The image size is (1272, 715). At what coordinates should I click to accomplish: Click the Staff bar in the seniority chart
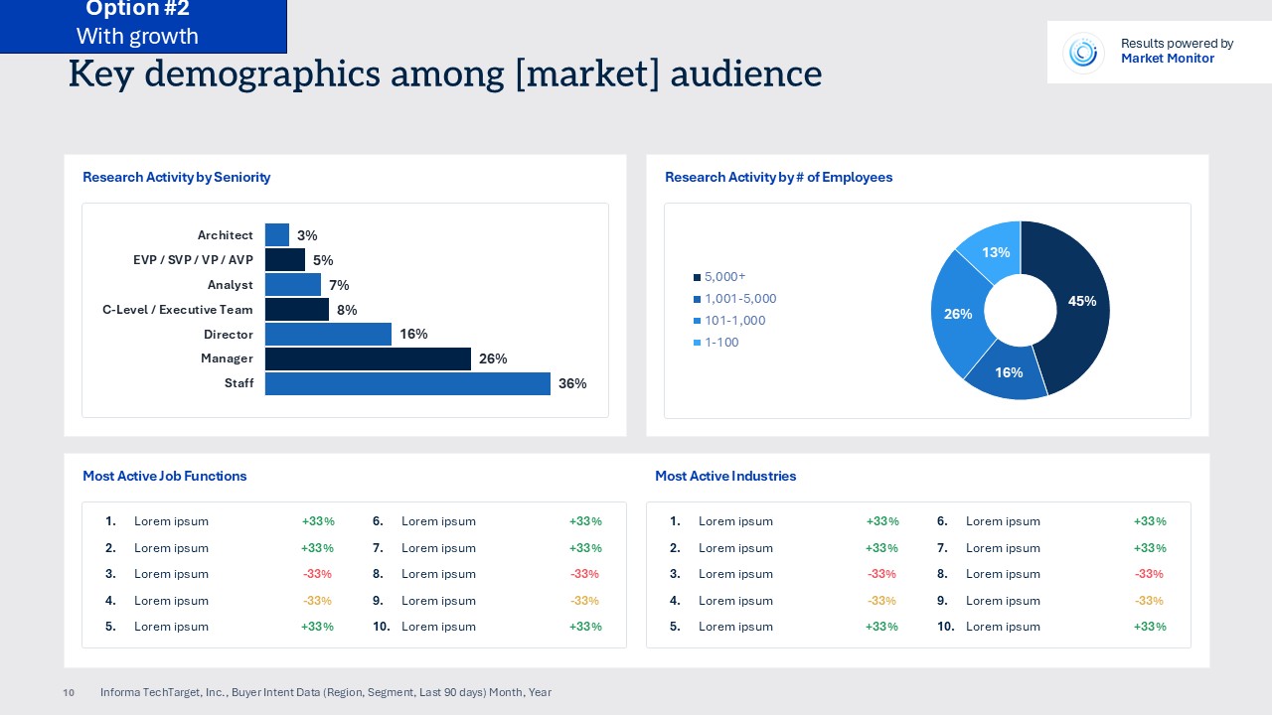[x=407, y=384]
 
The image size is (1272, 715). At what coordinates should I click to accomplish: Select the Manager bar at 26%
[x=368, y=358]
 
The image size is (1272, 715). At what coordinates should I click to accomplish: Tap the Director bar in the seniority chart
[x=328, y=335]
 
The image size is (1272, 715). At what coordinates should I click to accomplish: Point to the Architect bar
[x=277, y=235]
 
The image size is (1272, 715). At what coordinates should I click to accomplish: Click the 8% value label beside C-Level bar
[x=347, y=310]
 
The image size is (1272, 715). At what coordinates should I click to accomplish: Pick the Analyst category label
[x=230, y=285]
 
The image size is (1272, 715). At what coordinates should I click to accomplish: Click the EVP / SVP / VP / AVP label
[x=193, y=260]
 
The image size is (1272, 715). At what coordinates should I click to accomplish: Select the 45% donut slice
[x=1078, y=303]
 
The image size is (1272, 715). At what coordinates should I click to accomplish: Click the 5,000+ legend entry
[x=724, y=277]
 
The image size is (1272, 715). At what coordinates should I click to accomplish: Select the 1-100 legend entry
[x=721, y=343]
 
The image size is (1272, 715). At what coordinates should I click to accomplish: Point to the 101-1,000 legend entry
[x=734, y=321]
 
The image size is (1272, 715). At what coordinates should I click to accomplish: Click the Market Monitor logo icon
[x=1082, y=52]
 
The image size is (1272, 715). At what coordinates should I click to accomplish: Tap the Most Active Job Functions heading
[x=164, y=476]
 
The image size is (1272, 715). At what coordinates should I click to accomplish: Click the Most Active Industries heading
[x=725, y=476]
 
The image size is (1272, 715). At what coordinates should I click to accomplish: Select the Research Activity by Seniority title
[x=176, y=177]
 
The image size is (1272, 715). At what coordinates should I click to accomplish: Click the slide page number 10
[x=69, y=692]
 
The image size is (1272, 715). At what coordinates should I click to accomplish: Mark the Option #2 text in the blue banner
[x=137, y=10]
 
